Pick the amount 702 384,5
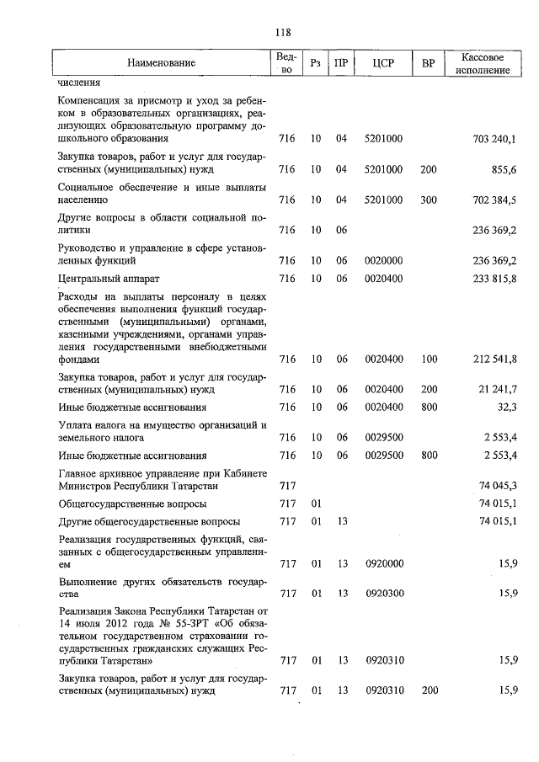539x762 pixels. pos(495,200)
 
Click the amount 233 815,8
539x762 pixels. pos(495,279)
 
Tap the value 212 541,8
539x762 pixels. pos(495,360)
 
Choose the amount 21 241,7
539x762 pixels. pos(498,391)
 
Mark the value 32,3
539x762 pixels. pos(507,407)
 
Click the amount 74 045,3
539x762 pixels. pos(498,486)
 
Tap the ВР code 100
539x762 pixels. pos(428,360)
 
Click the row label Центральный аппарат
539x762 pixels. pos(109,279)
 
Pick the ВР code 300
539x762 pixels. pos(428,200)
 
